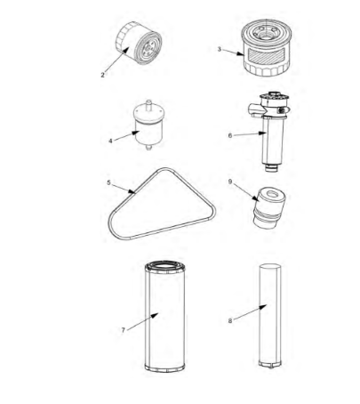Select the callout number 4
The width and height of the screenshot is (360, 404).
click(x=110, y=140)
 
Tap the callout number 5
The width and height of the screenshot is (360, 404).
click(x=108, y=183)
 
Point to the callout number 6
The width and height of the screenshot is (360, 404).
click(x=230, y=134)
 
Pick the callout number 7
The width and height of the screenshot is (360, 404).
click(x=123, y=329)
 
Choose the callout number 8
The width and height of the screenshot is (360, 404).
click(x=230, y=320)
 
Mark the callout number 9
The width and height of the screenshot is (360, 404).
click(x=230, y=182)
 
